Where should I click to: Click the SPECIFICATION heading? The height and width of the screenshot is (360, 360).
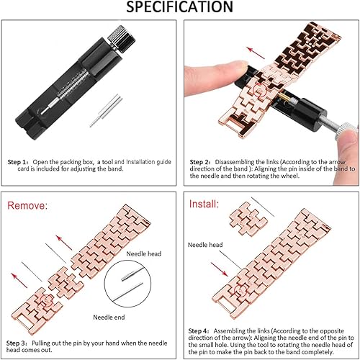[179, 8]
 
